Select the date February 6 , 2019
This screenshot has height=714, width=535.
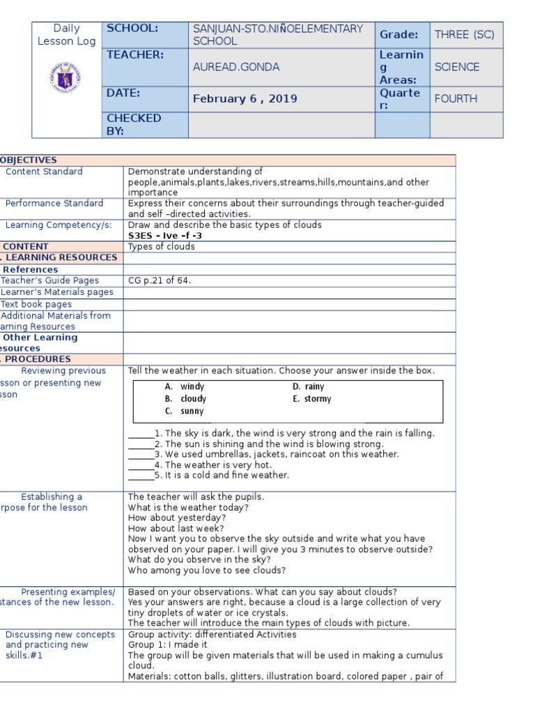tap(245, 98)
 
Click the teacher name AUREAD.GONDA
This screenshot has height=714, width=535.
tap(236, 67)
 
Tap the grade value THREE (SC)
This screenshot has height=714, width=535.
tap(464, 34)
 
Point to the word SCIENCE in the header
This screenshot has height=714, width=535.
tap(456, 67)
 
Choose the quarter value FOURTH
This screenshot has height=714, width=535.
tap(456, 98)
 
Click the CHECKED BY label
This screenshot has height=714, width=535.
tap(133, 124)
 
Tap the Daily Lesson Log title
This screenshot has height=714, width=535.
tap(67, 35)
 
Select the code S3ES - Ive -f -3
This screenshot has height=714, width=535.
tap(164, 236)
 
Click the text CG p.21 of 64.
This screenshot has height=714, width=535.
tap(160, 280)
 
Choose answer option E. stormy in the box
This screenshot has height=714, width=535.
tap(311, 399)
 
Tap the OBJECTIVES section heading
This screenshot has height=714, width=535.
tap(29, 160)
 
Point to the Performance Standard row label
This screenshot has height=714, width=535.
tap(54, 204)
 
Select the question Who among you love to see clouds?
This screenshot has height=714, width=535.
tap(197, 570)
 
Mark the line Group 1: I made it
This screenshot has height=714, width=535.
tap(168, 645)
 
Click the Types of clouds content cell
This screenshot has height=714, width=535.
tap(162, 247)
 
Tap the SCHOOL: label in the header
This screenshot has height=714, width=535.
tap(132, 29)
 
